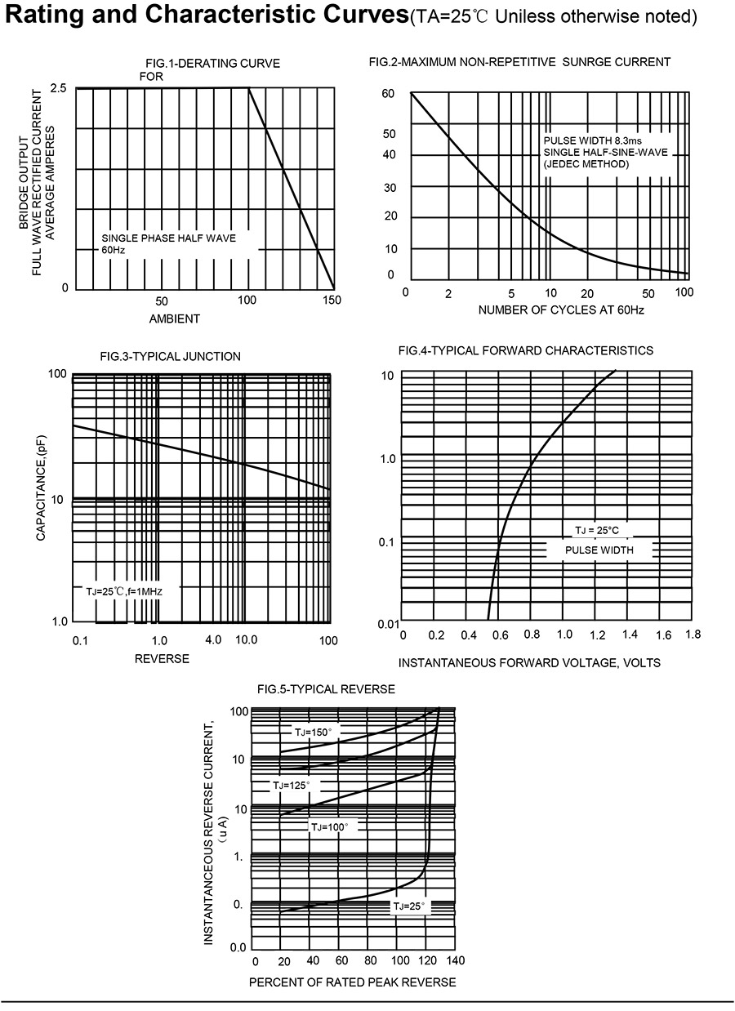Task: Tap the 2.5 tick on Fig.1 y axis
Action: (x=58, y=88)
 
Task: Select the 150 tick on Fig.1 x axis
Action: (x=332, y=301)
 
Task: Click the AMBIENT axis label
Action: (x=175, y=318)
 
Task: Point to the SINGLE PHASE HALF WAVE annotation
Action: (x=168, y=238)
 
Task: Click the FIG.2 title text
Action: (x=519, y=62)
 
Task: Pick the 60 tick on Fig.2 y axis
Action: (x=388, y=94)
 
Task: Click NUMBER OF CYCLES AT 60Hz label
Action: (x=561, y=310)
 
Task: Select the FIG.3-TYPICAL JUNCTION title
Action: (x=170, y=356)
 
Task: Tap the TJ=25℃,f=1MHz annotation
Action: (x=124, y=590)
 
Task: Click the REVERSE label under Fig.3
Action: (x=162, y=658)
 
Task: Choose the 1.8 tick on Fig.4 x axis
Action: (x=693, y=635)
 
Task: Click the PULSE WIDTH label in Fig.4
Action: (x=599, y=550)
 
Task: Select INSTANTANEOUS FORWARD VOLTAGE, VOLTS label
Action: (x=529, y=662)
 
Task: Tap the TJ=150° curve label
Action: (x=314, y=732)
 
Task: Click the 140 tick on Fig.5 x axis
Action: (x=455, y=960)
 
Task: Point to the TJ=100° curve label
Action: (x=329, y=827)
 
